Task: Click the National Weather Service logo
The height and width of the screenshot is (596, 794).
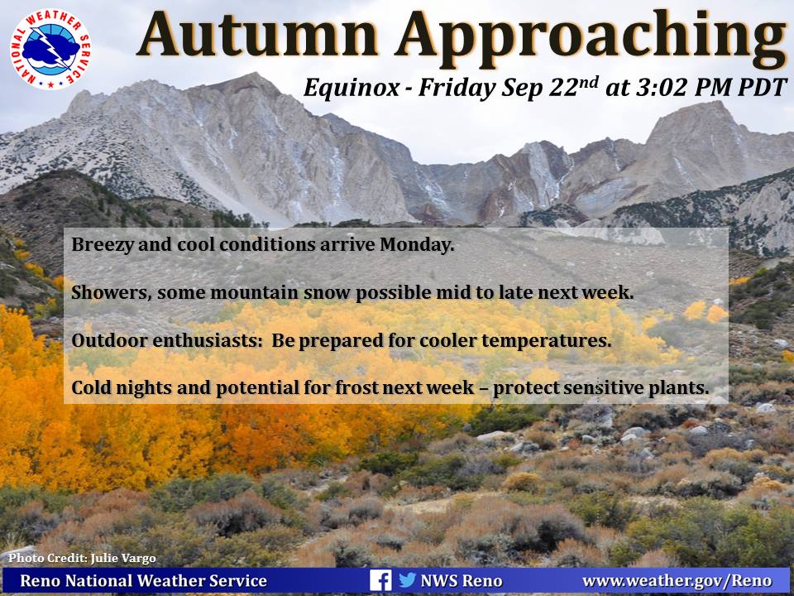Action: click(50, 49)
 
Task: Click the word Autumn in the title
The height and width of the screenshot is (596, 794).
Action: click(257, 36)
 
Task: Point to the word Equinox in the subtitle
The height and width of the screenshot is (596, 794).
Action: click(351, 88)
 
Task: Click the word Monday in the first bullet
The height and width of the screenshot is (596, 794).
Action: click(417, 245)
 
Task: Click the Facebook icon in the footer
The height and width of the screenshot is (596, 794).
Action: click(380, 580)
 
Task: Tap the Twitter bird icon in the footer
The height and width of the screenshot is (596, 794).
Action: click(407, 579)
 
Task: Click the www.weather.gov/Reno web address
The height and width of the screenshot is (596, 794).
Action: click(677, 581)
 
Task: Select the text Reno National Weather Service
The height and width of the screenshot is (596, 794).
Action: click(143, 581)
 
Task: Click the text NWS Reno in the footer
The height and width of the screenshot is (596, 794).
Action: click(462, 581)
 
